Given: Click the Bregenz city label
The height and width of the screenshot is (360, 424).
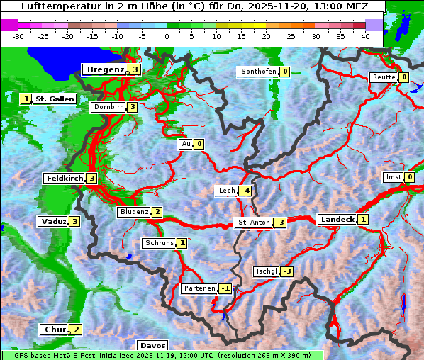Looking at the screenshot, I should click(106, 69).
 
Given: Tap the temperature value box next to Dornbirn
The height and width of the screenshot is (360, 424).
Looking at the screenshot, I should click(132, 107).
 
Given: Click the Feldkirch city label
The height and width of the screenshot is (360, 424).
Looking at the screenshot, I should click(65, 178).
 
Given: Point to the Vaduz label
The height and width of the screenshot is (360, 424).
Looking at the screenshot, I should click(54, 221).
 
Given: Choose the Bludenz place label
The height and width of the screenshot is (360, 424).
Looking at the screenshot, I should click(134, 212).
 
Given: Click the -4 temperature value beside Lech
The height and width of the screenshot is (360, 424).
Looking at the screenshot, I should click(245, 191).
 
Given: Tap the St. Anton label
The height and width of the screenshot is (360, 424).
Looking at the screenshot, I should click(254, 223).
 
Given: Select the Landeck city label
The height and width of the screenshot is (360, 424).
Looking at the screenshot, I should click(337, 220).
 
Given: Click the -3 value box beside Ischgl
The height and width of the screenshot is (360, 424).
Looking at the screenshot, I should click(286, 271).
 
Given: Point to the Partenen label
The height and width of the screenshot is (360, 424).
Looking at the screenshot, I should click(199, 288).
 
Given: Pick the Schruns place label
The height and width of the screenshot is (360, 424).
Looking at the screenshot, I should click(159, 243).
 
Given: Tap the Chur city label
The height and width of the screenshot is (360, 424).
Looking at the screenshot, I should click(55, 330).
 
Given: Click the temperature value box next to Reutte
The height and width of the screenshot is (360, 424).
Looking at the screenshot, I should click(403, 77).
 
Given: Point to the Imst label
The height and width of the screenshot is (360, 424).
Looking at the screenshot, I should click(392, 176).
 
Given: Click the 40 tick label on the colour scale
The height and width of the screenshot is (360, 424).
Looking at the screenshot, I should click(365, 35).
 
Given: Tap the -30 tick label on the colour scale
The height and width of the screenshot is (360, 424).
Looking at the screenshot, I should click(18, 35).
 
